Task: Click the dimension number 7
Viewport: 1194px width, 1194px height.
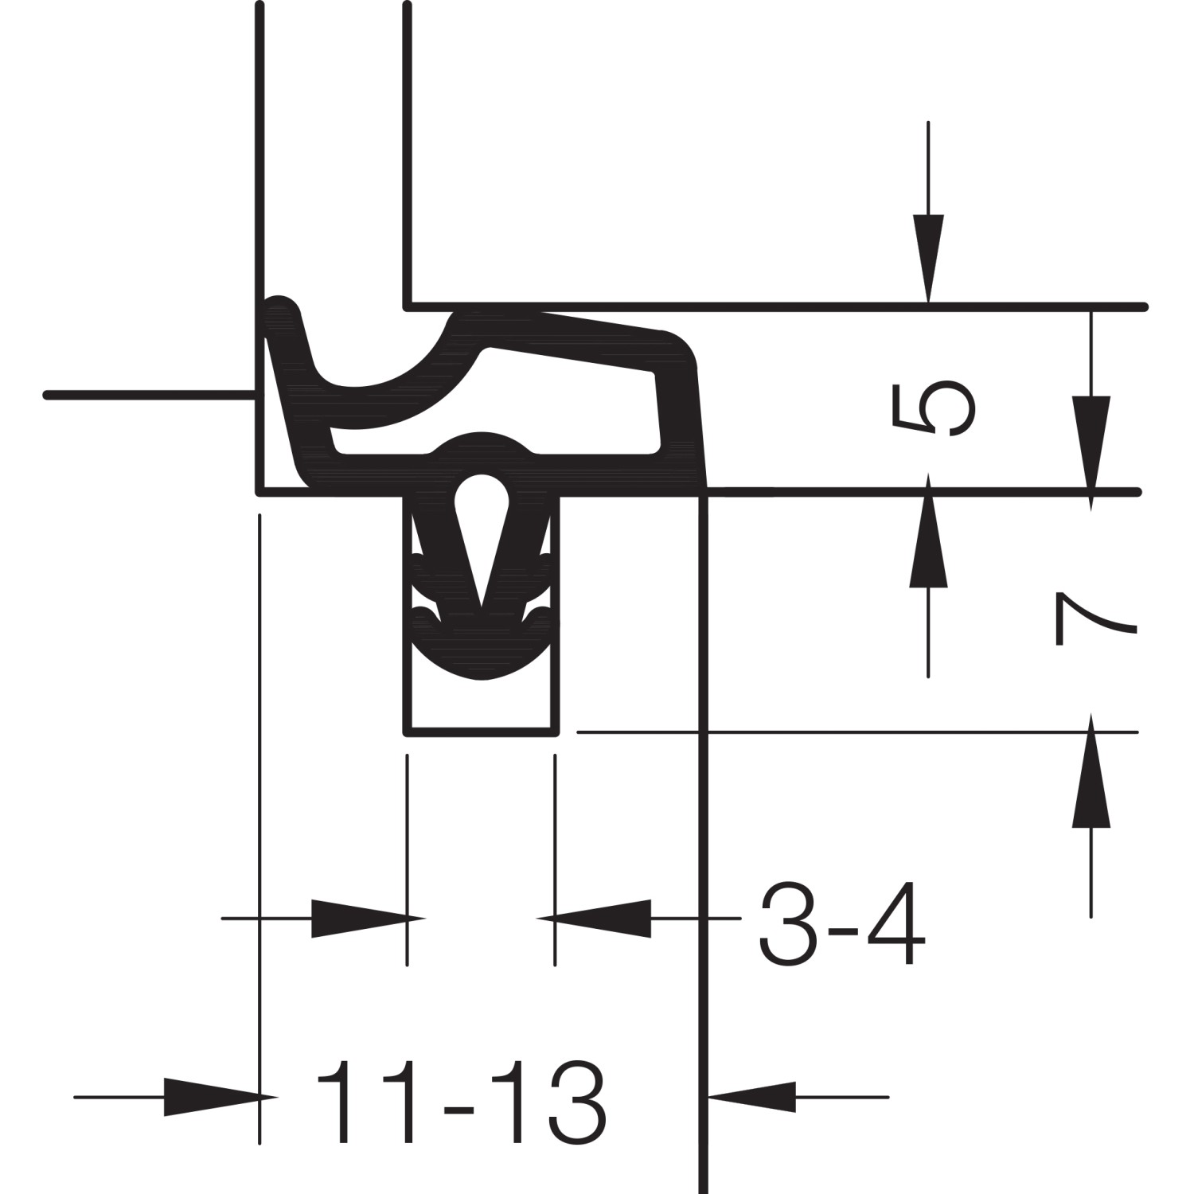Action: [1093, 618]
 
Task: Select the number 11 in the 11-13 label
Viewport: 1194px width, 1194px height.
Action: [374, 1102]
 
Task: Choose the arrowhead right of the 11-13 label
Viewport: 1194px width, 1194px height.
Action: [752, 1097]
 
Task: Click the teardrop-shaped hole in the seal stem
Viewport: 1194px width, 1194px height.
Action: [481, 501]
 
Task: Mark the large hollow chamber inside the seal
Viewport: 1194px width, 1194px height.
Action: [573, 406]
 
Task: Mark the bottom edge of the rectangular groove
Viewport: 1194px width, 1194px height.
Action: [481, 733]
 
